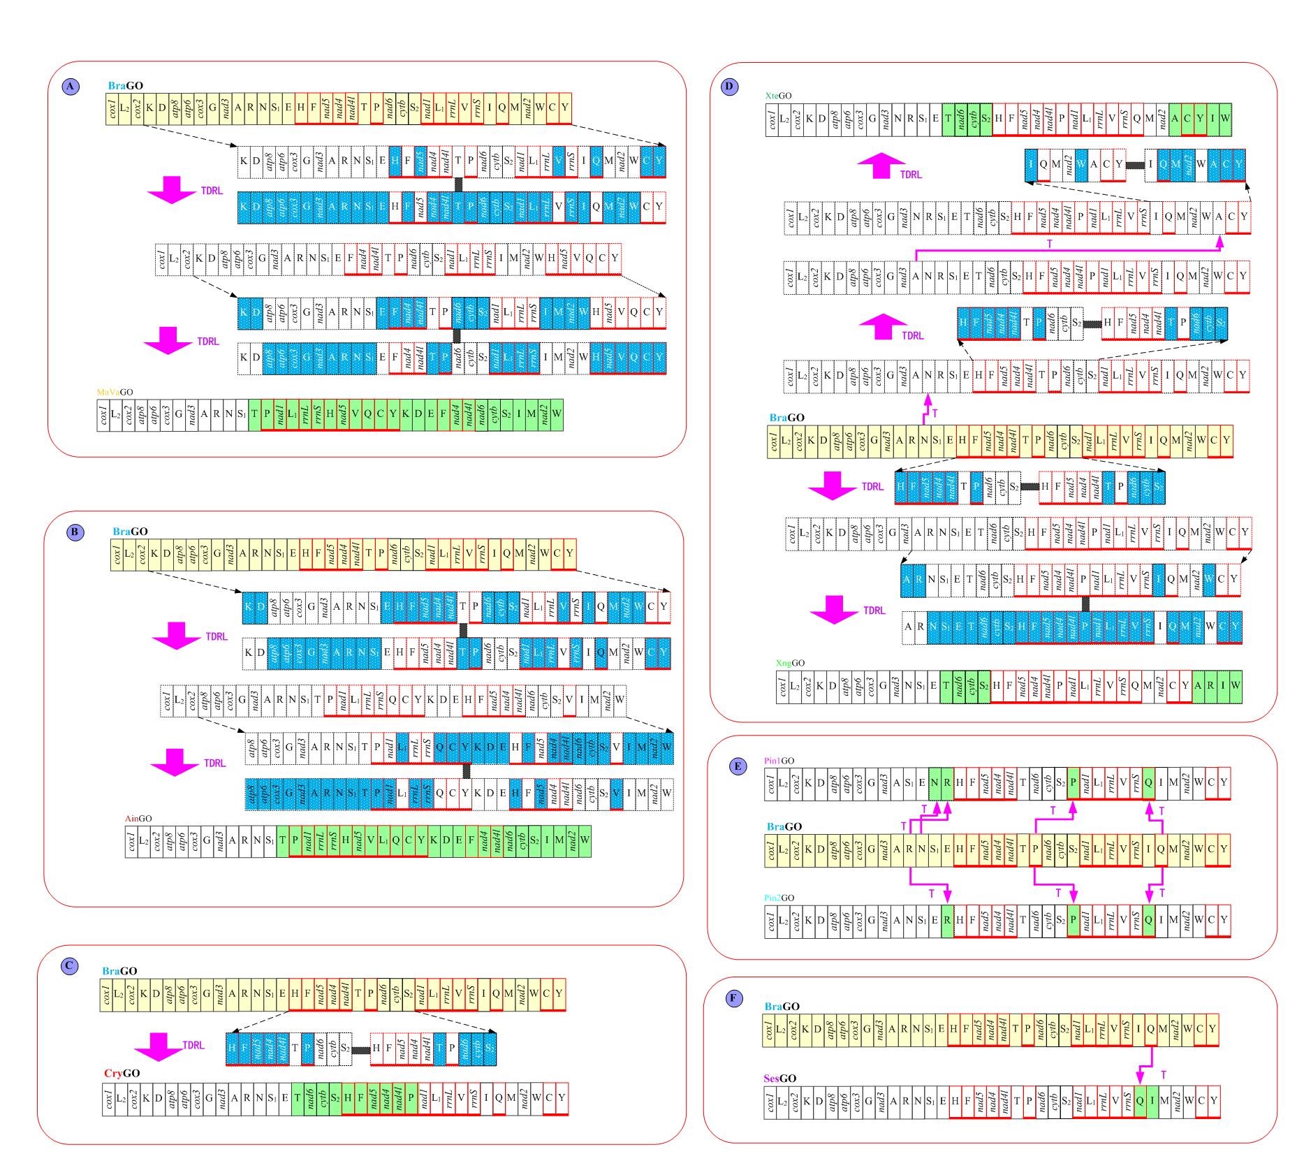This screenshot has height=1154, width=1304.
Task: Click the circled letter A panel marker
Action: pos(71,87)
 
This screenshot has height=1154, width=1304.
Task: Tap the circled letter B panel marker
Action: pos(75,532)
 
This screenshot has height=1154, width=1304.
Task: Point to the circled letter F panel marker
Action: pos(733,998)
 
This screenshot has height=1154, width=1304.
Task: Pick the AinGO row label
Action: pos(138,819)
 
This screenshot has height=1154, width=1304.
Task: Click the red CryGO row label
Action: pos(122,1073)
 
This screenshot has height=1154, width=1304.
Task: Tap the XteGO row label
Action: pos(778,95)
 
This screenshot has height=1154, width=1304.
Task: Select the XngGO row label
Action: pos(790,663)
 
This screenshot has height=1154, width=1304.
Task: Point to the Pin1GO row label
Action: pos(779,761)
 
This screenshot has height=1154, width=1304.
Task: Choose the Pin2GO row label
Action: pos(779,898)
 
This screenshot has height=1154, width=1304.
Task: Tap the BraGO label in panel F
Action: pos(782,1007)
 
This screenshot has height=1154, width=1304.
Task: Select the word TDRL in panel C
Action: pos(193,1045)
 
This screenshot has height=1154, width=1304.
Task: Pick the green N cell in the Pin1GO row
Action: pos(935,783)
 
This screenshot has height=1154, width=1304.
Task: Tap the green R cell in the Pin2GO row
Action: pos(947,920)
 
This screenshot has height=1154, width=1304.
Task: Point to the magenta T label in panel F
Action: pos(1163,1075)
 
